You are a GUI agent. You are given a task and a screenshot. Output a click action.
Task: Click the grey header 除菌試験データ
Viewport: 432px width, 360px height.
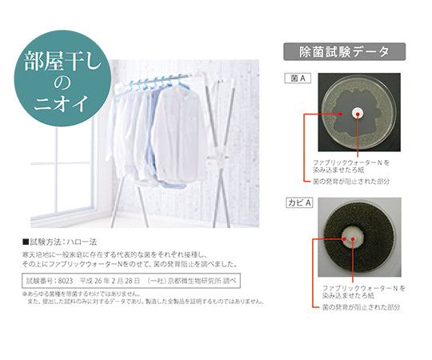point(345,53)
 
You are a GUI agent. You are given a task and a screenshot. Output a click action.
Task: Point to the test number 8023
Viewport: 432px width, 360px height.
point(68,282)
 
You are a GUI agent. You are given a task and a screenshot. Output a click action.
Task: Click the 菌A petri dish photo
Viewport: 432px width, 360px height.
point(357,114)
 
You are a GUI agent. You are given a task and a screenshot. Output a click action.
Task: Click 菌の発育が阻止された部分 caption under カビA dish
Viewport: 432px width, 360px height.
point(363,307)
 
